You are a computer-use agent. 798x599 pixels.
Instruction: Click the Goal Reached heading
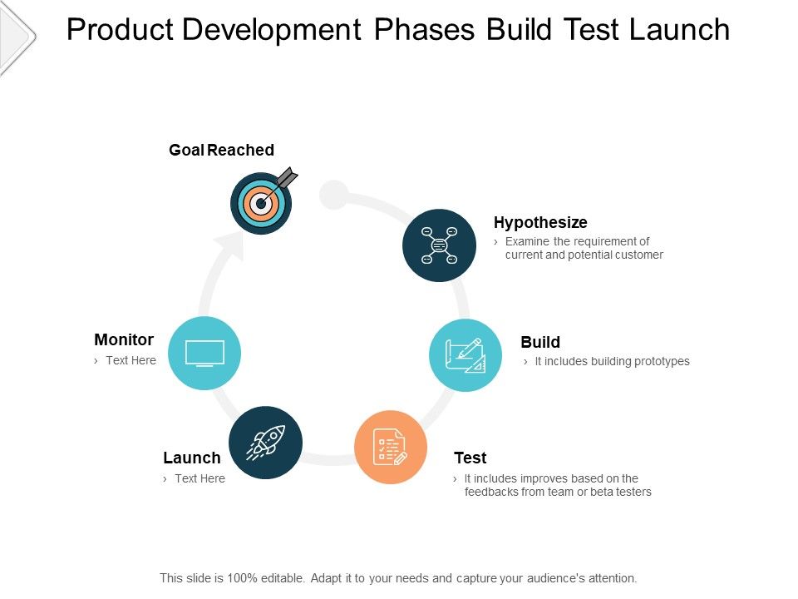coord(221,150)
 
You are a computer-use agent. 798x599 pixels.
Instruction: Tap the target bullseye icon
coord(261,202)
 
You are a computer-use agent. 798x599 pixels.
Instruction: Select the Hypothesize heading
coord(540,222)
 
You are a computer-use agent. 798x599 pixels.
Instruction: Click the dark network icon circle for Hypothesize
coord(439,245)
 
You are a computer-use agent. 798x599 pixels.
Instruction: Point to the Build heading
coord(540,342)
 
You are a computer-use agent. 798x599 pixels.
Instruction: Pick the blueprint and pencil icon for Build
coord(465,355)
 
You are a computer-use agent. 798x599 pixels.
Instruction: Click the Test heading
coord(470,458)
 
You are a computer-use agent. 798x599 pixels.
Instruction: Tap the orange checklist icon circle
coord(391,447)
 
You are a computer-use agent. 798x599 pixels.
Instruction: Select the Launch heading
coord(192,458)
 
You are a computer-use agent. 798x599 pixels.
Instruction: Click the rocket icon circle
coord(265,443)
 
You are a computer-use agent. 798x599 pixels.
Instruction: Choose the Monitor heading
coord(124,339)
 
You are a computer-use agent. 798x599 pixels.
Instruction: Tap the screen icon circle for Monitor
coord(204,354)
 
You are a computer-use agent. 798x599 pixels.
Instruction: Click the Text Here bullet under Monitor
coord(131,360)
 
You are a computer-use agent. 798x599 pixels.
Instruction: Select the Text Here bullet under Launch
coord(199,478)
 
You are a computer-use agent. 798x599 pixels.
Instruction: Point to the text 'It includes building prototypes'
coord(612,361)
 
